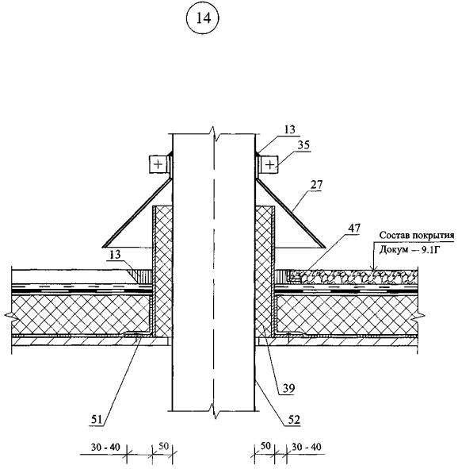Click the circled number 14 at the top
tap(202, 18)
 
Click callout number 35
tap(303, 145)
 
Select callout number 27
tap(316, 185)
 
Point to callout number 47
tap(353, 229)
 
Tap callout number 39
tap(288, 388)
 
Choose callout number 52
tap(293, 420)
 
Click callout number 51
tap(97, 420)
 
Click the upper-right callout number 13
tap(289, 129)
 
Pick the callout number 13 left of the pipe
tap(115, 255)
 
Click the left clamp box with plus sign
tap(158, 164)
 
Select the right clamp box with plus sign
tap(269, 164)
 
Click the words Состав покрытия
tap(417, 236)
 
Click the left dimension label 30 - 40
tap(105, 448)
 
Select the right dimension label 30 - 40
tap(307, 447)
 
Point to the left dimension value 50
tap(163, 446)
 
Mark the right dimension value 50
tap(265, 446)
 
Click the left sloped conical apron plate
tap(137, 213)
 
